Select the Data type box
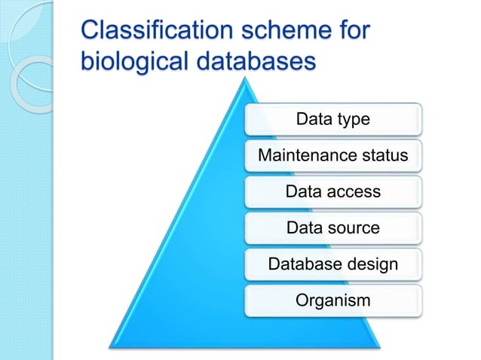click(332, 119)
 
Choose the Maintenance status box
click(332, 155)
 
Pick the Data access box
click(332, 191)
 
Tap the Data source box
click(332, 227)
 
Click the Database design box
click(332, 264)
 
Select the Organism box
click(332, 301)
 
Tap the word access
click(354, 191)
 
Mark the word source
click(354, 227)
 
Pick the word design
click(372, 264)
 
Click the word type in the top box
click(353, 120)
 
